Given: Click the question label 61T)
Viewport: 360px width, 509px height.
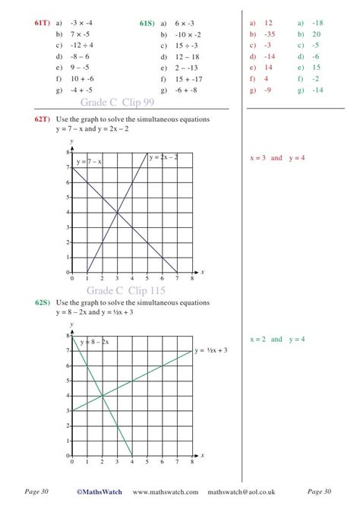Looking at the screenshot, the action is [41, 24].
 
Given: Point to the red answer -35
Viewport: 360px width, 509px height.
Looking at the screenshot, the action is [269, 34].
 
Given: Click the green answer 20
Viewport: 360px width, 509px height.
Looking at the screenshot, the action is [316, 34].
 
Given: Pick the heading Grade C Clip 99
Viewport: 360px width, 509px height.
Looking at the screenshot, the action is [117, 103].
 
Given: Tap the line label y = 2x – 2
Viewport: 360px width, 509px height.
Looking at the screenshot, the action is [163, 156].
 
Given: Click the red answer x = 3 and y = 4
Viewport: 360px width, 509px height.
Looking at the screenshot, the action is [277, 158].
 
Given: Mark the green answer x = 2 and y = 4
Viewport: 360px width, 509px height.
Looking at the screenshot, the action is [277, 339].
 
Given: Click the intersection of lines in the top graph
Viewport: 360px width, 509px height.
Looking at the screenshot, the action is [117, 212].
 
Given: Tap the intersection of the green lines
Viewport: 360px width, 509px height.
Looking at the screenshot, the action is [102, 396].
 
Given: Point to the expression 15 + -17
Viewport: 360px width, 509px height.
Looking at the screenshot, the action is [187, 78].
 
